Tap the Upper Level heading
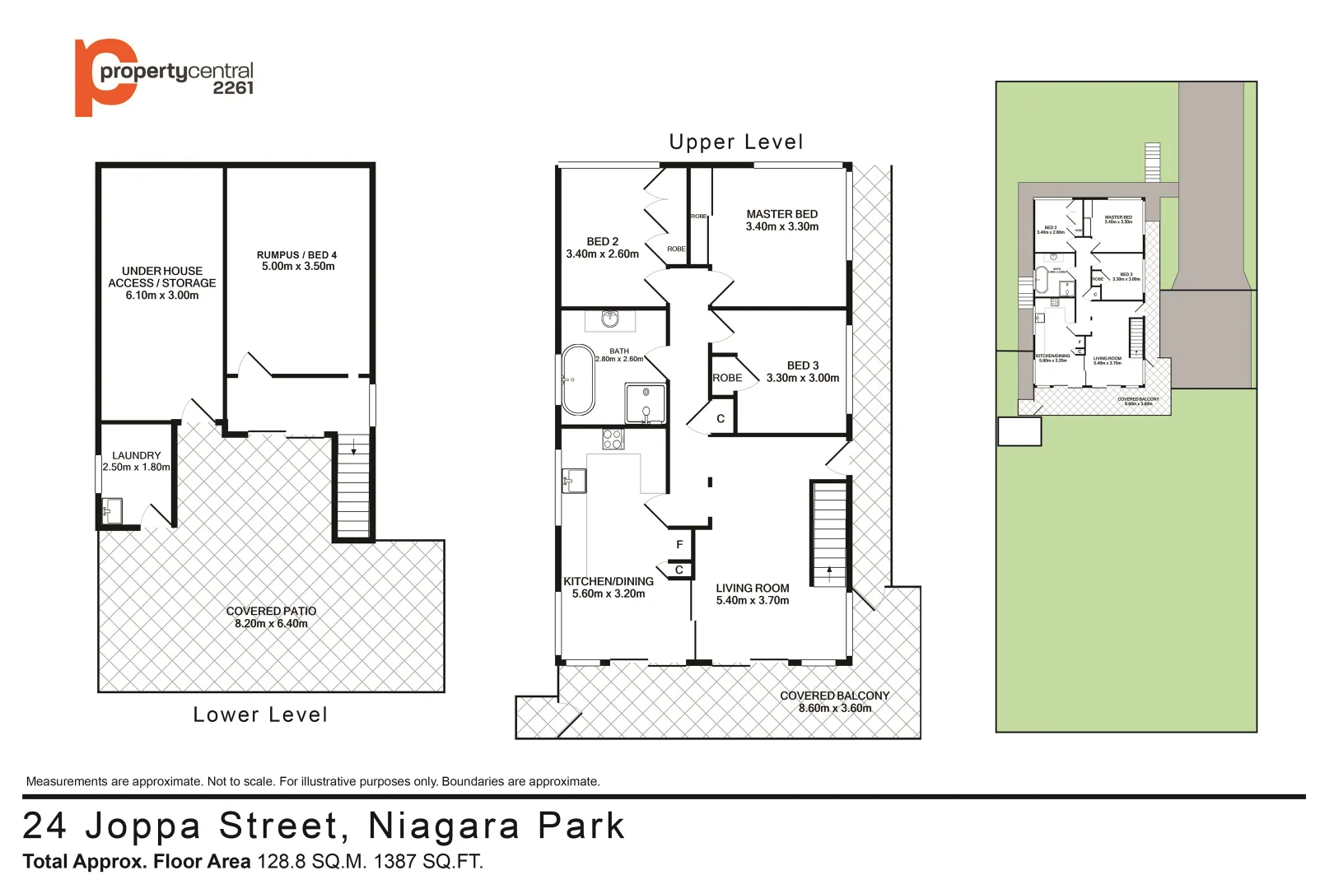click(735, 142)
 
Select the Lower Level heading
click(260, 714)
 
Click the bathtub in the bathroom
click(579, 379)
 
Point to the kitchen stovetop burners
click(613, 439)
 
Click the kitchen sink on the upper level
click(574, 481)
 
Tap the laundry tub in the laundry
click(112, 510)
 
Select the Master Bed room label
click(781, 214)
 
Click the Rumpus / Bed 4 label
click(296, 255)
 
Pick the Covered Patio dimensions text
click(271, 624)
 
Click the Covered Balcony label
click(834, 696)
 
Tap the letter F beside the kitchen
click(679, 544)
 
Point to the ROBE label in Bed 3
click(727, 378)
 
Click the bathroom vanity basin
click(610, 319)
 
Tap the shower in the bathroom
click(646, 403)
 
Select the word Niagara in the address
click(444, 826)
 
